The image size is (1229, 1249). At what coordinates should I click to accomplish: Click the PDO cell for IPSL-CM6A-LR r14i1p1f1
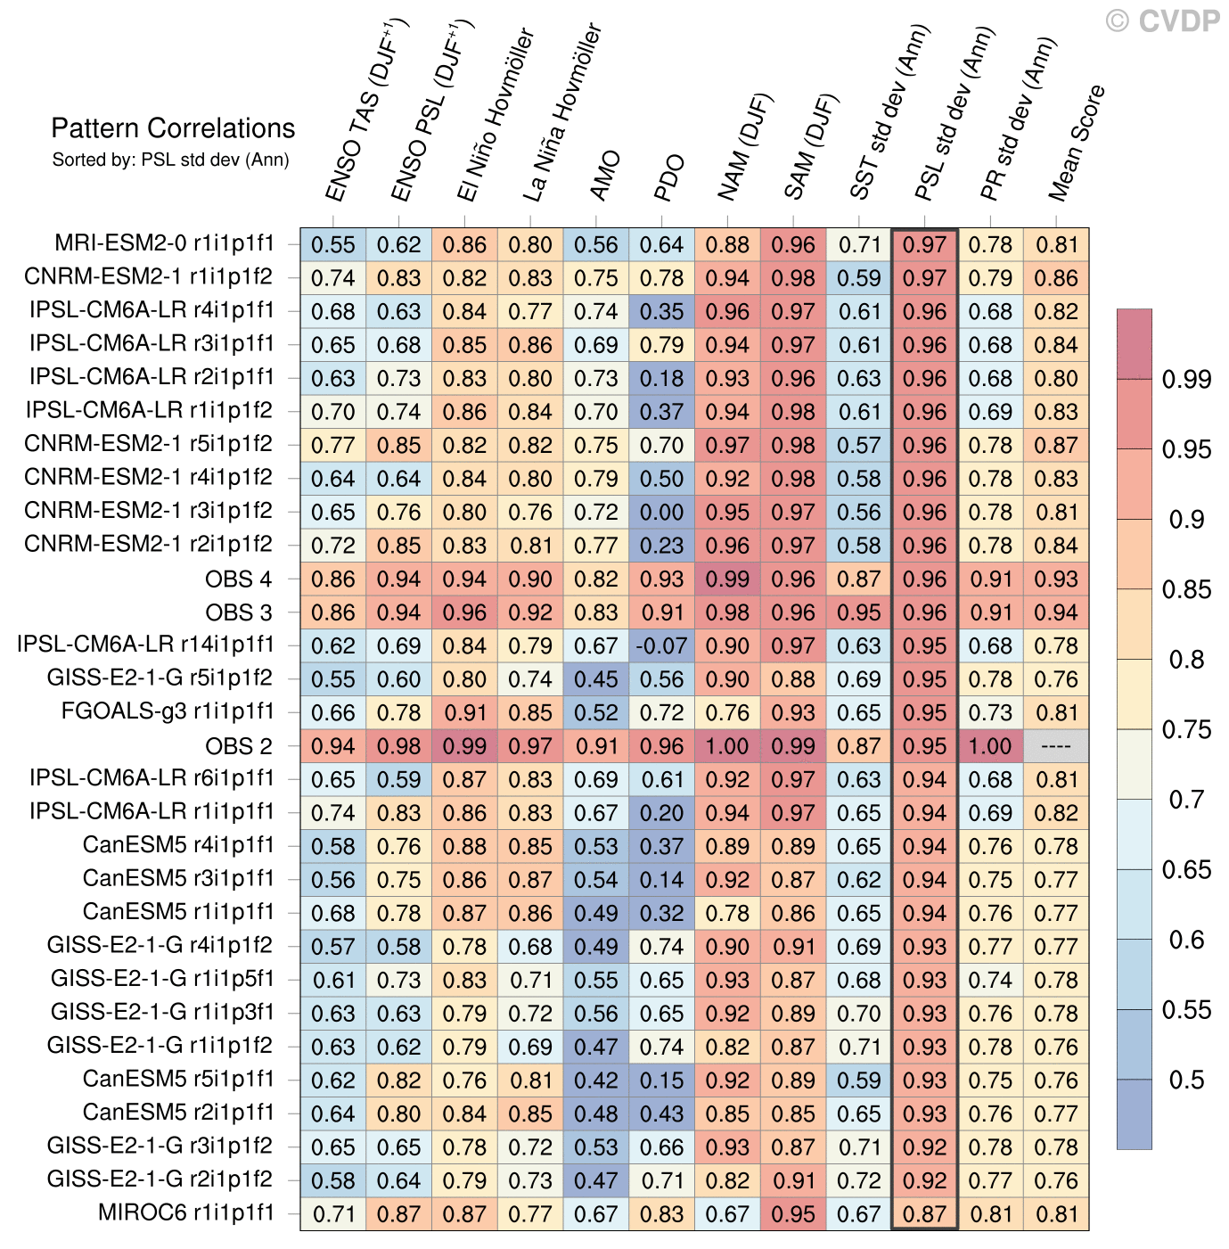[x=661, y=645]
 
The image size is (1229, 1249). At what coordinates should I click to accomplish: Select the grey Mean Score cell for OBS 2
[x=1056, y=746]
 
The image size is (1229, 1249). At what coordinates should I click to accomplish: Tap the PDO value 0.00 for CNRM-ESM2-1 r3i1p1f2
[x=661, y=512]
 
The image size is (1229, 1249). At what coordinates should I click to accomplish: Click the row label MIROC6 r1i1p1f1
[x=185, y=1212]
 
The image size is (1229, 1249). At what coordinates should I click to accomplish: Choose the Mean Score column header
[x=1077, y=143]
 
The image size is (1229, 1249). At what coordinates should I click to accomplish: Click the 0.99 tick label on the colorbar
[x=1186, y=380]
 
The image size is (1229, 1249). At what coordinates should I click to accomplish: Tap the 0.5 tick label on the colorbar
[x=1186, y=1081]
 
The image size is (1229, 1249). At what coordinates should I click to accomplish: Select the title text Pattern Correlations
[x=173, y=128]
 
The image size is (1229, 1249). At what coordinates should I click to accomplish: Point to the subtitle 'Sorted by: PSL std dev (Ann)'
[x=170, y=160]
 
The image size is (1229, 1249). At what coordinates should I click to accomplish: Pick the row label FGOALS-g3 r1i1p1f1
[x=167, y=711]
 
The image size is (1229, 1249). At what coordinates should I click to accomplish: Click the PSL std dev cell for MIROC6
[x=924, y=1214]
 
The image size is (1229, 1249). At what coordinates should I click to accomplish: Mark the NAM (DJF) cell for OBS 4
[x=727, y=579]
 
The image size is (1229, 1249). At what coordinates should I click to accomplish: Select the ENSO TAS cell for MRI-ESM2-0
[x=332, y=244]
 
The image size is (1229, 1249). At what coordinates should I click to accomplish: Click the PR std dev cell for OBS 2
[x=990, y=746]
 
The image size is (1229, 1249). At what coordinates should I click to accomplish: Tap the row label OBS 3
[x=238, y=612]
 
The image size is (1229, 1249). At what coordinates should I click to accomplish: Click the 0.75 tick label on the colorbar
[x=1186, y=730]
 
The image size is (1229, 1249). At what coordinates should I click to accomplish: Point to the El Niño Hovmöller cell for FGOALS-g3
[x=464, y=712]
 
